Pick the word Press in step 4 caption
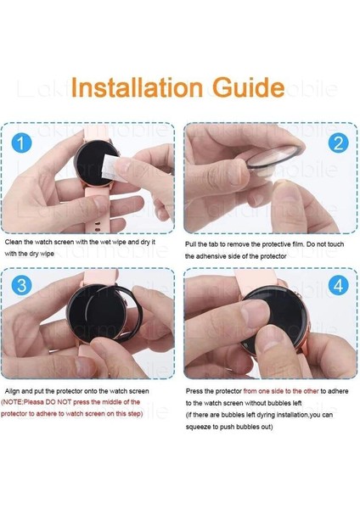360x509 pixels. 194,391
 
